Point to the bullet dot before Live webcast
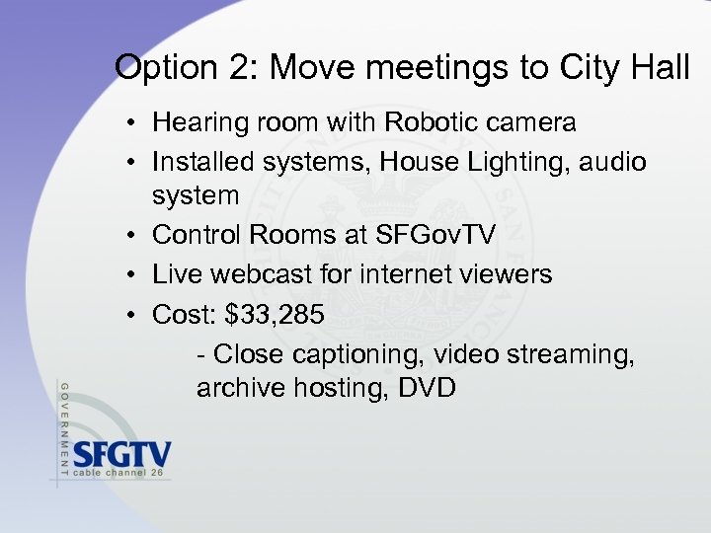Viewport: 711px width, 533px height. [130, 275]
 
